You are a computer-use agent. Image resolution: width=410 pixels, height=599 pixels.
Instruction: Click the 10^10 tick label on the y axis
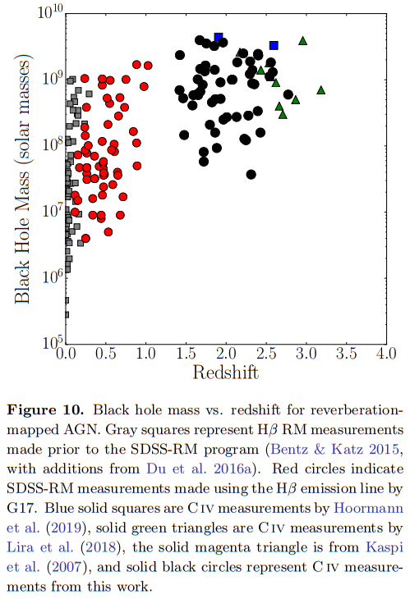pos(50,11)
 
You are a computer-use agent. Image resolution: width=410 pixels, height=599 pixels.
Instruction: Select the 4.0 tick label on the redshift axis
pos(386,354)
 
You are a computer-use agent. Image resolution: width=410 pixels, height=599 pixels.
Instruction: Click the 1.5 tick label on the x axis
pos(186,354)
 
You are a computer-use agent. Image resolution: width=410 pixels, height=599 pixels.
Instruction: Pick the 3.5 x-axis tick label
pos(346,354)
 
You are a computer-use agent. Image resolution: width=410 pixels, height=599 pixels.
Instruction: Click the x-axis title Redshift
pos(226,373)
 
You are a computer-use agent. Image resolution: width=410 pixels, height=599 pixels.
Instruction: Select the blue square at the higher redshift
pos(274,45)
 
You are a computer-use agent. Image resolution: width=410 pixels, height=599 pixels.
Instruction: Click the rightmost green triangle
pos(321,90)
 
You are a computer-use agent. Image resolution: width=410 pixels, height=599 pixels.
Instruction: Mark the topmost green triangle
pos(303,41)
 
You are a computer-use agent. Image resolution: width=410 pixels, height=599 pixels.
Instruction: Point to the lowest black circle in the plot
pos(251,175)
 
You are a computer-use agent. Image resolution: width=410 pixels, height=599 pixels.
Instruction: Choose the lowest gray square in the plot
pos(67,314)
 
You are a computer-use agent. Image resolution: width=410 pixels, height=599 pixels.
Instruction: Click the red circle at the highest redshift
pos(148,66)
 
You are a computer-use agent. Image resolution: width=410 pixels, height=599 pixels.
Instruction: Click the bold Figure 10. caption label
pos(45,410)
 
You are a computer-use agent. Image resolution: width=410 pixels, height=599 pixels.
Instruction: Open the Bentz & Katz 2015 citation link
pos(334,450)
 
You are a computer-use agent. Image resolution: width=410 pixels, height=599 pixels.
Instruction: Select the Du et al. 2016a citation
pos(199,469)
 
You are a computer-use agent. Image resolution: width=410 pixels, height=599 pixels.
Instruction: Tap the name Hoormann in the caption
pos(369,508)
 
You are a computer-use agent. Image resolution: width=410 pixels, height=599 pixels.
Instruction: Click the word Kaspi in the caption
pos(385,548)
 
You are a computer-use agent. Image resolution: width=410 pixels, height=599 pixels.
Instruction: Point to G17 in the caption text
pos(21,508)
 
